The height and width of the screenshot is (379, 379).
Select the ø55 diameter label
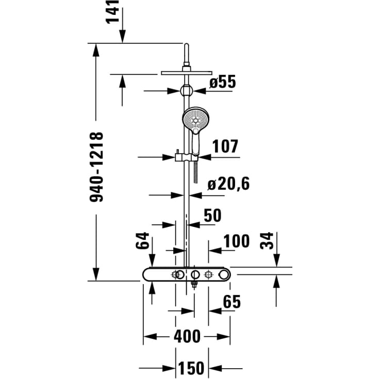click(x=222, y=82)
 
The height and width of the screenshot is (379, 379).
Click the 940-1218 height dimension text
click(x=97, y=167)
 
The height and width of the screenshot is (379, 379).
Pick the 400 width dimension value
click(x=187, y=337)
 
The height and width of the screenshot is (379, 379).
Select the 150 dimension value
click(x=191, y=368)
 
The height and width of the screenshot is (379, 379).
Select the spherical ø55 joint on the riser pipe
click(x=186, y=91)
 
